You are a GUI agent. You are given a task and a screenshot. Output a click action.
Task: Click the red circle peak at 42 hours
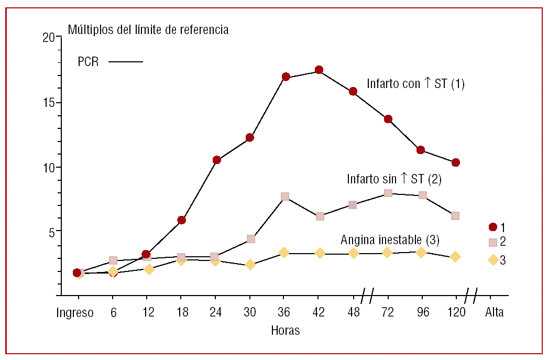click(x=319, y=70)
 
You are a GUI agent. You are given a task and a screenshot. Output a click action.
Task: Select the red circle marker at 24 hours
click(x=216, y=160)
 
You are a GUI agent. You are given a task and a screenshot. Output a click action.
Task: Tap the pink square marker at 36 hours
click(x=285, y=197)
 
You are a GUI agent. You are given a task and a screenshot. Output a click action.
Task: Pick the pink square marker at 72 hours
click(x=388, y=193)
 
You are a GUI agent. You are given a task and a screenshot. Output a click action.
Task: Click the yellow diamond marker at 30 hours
click(x=250, y=265)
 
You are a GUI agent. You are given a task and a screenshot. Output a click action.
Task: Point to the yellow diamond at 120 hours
click(x=455, y=257)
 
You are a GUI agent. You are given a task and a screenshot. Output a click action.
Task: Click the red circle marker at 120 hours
click(x=456, y=162)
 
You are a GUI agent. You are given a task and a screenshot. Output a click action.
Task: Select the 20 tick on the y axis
click(x=49, y=38)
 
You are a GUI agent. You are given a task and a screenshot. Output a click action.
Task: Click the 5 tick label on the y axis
click(x=51, y=231)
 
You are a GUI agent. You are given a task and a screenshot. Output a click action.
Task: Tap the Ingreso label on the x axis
click(x=75, y=313)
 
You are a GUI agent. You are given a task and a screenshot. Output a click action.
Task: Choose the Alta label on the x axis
click(x=494, y=313)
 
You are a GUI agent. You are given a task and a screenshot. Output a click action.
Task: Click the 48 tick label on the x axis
click(x=354, y=313)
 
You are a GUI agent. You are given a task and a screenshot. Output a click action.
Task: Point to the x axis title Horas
click(x=285, y=331)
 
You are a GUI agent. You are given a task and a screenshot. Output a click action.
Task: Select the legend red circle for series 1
click(x=492, y=227)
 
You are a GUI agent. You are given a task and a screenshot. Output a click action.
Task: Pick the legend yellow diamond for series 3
click(x=493, y=260)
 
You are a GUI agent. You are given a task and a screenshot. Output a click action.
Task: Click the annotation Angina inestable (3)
click(x=390, y=240)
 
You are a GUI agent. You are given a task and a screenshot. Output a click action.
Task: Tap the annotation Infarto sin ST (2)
click(x=394, y=179)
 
